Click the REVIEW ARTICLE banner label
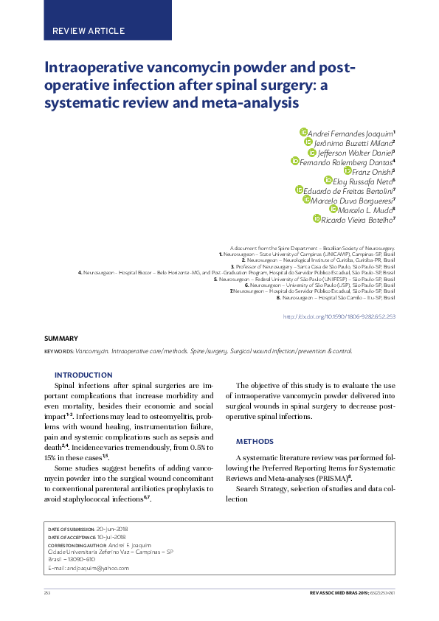(x=89, y=31)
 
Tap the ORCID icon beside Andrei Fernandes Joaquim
(x=303, y=131)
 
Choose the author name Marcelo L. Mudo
(x=366, y=209)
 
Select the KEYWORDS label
(x=59, y=352)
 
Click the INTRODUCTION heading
(x=83, y=375)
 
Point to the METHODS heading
(x=254, y=441)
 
